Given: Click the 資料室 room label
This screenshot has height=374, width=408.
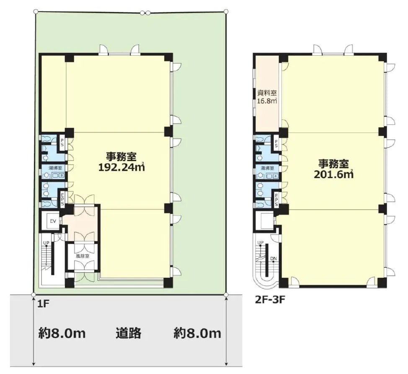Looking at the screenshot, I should (266, 93).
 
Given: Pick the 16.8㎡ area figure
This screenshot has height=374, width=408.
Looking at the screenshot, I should (267, 101).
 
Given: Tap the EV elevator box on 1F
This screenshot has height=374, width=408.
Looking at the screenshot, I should (53, 220).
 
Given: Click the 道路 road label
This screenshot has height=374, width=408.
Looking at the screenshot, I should (128, 333).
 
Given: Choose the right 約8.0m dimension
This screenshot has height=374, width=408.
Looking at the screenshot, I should (197, 333).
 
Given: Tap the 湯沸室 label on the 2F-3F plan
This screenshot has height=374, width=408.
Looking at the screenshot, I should (268, 168).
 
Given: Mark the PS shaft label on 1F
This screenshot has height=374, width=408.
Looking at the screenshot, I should (62, 142).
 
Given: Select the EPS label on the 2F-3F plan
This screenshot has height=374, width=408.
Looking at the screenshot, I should (276, 199).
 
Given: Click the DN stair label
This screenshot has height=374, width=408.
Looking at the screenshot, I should (273, 259).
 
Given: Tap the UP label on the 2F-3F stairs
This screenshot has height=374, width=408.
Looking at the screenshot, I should (261, 243).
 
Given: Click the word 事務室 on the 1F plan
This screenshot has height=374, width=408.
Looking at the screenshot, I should (121, 156).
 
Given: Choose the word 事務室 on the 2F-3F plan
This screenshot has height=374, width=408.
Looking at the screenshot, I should (334, 163).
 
